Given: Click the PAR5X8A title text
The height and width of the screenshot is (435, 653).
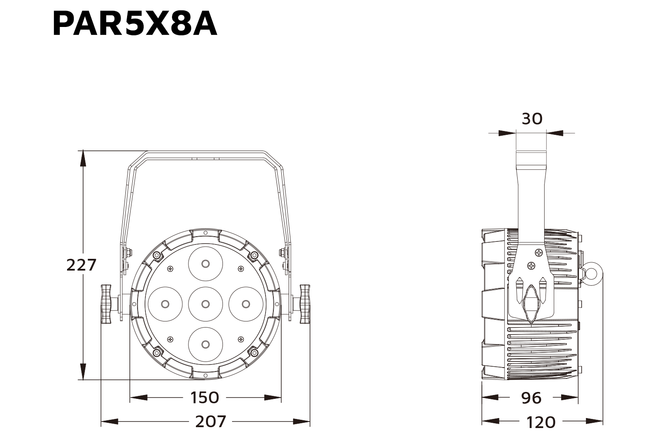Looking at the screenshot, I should pos(135,24).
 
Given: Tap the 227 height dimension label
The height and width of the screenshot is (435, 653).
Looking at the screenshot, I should pos(81,264).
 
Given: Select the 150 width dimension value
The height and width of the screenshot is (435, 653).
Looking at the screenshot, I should pos(205,397).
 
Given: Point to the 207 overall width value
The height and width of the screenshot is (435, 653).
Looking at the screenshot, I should pos(210,422).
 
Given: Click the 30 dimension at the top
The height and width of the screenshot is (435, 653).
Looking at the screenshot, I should pos(532,119).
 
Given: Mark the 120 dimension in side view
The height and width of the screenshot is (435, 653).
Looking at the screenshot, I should pos(541,422).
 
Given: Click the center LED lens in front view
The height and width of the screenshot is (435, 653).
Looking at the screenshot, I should pos(205,304).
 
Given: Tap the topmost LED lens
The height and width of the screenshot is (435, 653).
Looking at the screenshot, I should pos(205,263).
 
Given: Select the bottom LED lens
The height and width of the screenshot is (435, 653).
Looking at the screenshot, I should pos(205,344).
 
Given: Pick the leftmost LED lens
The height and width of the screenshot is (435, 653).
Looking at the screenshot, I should pos(165,304).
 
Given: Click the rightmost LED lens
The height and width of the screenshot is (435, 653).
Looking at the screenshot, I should pos(246,304).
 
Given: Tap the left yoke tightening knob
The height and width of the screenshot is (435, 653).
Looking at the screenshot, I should pos(106,304).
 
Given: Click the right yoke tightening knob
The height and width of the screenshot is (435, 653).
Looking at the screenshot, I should pos(305,304).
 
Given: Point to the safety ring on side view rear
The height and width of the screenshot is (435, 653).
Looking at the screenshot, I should pos(592,273).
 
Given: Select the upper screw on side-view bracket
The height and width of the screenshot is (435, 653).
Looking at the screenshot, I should pos(539,252).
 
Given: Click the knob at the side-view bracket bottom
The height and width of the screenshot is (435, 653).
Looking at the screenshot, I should pos(531,303).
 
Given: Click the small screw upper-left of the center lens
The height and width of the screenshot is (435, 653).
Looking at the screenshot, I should pos(170,269).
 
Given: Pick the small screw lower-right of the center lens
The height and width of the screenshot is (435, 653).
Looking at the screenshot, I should pos(240,339).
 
